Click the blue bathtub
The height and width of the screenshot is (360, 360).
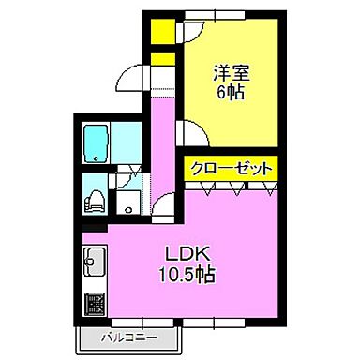97,143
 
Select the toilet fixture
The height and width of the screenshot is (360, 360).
95,199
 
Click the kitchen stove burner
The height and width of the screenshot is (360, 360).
95,305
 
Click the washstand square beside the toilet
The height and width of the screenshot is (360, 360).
126,202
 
